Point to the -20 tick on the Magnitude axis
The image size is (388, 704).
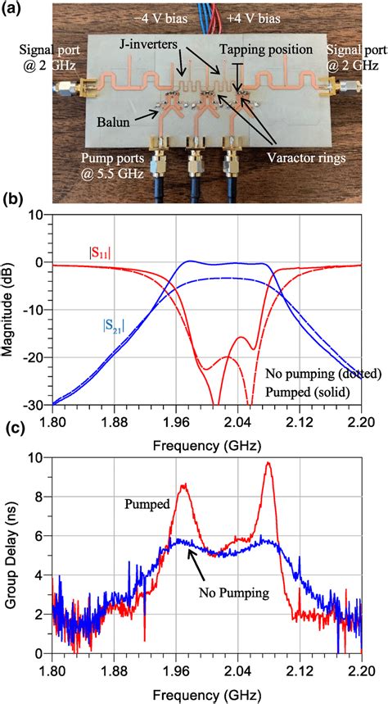pyautogui.click(x=35, y=357)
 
